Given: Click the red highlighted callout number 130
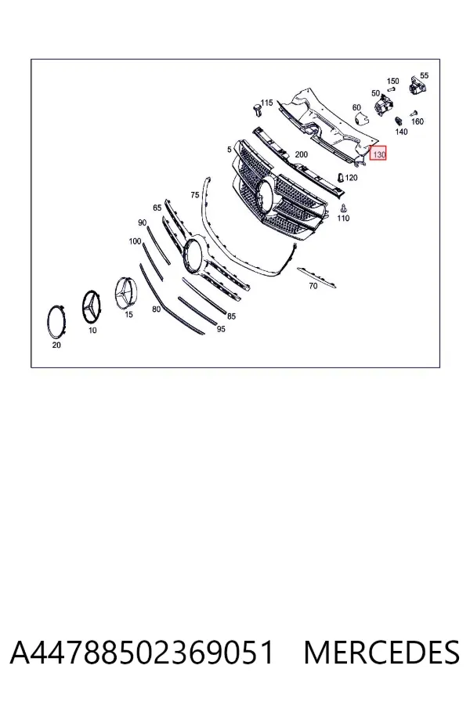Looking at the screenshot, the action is (x=378, y=154).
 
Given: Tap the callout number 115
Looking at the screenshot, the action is (x=266, y=103).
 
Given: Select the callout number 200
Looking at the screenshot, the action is (x=301, y=154).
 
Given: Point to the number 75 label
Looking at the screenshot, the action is (x=195, y=195).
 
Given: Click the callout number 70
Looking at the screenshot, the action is (x=313, y=286).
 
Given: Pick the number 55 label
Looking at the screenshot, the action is (x=424, y=75).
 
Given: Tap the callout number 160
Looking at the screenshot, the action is (x=418, y=121).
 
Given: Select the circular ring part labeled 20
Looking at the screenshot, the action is (x=56, y=322).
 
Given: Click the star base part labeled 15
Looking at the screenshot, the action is (x=125, y=293).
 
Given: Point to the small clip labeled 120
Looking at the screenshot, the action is (x=341, y=177).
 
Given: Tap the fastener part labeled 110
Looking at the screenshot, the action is (x=344, y=208).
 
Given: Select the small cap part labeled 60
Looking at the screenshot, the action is (x=360, y=119).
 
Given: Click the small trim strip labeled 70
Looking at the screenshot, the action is (x=316, y=278).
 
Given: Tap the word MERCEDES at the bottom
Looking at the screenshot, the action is (x=381, y=653).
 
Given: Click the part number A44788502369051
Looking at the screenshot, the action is (x=142, y=653).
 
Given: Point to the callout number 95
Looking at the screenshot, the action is (x=221, y=329).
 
